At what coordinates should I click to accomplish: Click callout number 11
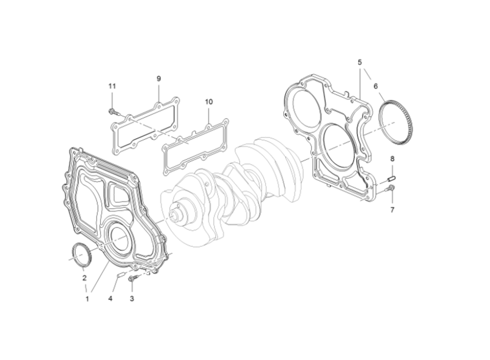(x=112, y=86)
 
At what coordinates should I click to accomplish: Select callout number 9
(x=158, y=78)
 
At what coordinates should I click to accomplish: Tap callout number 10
(x=209, y=101)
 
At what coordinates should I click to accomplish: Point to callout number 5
(x=360, y=62)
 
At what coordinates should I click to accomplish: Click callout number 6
(x=376, y=86)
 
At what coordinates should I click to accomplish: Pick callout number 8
(x=392, y=159)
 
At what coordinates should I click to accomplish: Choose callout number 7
(x=392, y=210)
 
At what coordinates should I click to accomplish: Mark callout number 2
(x=84, y=278)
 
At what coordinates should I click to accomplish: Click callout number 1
(x=87, y=299)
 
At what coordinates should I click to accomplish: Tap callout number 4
(x=110, y=299)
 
